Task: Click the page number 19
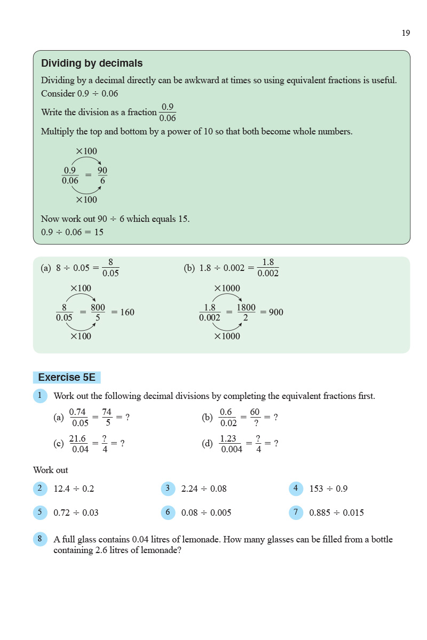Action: (406, 33)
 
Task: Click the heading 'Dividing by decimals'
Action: (92, 63)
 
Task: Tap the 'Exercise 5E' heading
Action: (67, 378)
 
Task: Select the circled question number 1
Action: (40, 396)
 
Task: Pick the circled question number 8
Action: (40, 539)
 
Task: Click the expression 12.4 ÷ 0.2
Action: (74, 489)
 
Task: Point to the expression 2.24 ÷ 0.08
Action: (204, 489)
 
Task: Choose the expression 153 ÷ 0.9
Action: (328, 489)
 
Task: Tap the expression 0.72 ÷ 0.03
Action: (76, 513)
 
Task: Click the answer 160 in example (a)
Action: (127, 313)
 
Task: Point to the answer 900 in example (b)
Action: (276, 313)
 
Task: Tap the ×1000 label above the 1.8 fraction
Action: (227, 289)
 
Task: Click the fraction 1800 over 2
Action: (246, 313)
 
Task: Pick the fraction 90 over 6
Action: (102, 176)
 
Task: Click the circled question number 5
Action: (40, 513)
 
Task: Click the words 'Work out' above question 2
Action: (51, 470)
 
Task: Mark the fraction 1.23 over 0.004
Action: (231, 444)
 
